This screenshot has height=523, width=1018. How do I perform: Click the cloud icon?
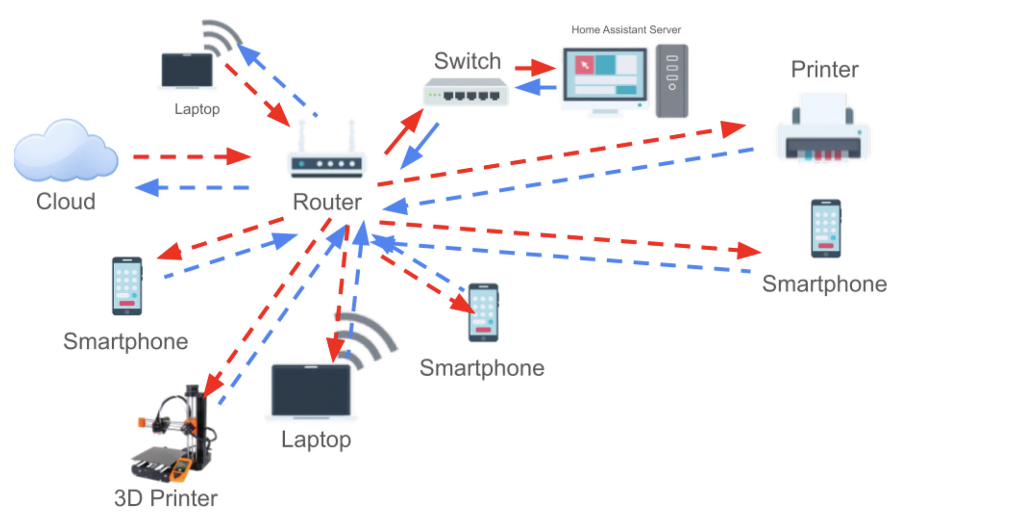point(65,151)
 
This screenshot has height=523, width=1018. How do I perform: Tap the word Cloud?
point(65,201)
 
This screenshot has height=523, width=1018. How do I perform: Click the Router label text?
point(327,202)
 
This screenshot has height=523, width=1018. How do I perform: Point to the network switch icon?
point(465,92)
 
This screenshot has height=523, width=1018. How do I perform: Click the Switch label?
point(467,61)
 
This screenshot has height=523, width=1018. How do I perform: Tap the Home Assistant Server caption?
point(626,30)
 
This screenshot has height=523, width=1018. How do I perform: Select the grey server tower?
point(672,81)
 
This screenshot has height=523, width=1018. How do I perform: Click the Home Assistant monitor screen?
point(605,74)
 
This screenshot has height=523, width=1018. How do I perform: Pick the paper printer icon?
point(823,129)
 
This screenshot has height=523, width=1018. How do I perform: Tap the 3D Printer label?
point(166,498)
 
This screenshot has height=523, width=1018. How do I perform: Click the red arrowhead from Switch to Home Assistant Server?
point(543,67)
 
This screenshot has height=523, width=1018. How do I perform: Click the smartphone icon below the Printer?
point(826,228)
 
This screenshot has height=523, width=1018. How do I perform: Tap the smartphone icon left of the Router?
point(127,286)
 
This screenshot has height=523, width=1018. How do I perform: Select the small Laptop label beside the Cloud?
point(197,109)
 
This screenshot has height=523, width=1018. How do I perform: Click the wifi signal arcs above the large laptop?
point(367,337)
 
